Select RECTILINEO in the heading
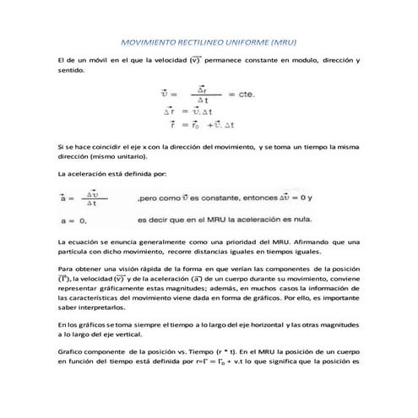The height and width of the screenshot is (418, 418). (206, 41)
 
